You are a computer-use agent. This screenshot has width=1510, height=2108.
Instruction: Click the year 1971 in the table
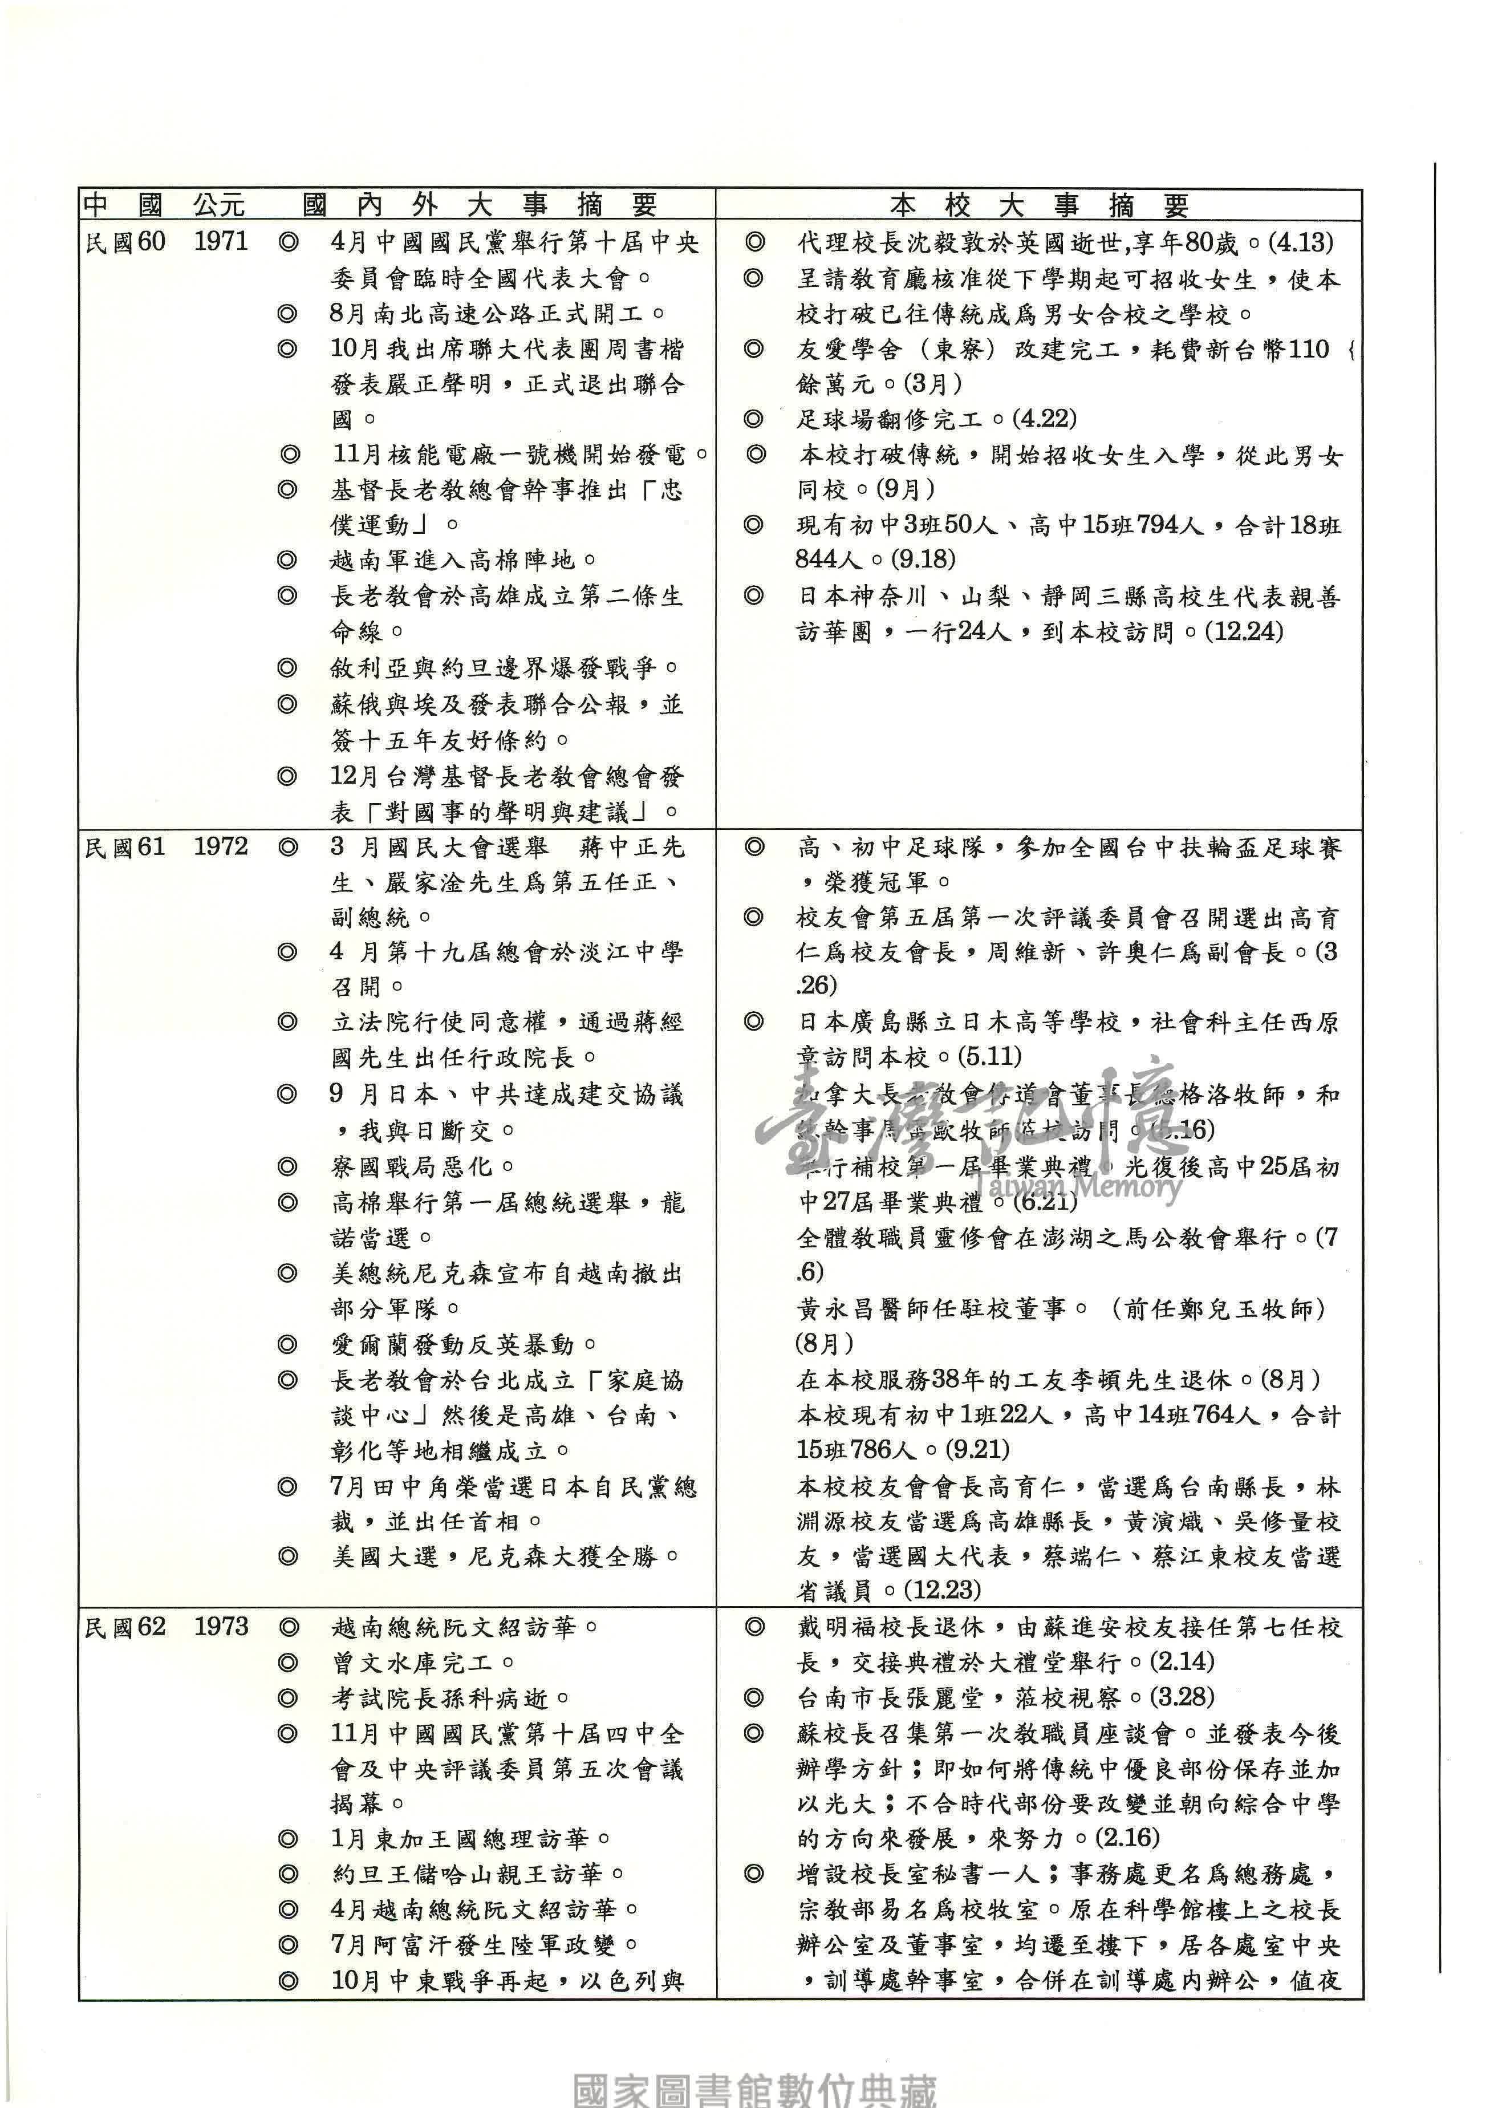click(x=221, y=242)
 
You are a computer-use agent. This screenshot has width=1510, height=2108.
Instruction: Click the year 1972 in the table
click(x=221, y=847)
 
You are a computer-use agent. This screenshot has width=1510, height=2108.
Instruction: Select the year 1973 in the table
click(x=221, y=1627)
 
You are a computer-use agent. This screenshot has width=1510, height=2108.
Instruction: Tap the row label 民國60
click(x=124, y=242)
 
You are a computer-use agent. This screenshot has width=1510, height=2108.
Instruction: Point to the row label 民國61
click(x=124, y=847)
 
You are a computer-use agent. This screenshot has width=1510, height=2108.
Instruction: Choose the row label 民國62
click(x=124, y=1627)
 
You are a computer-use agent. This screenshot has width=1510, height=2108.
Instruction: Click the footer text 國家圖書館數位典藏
click(x=754, y=2089)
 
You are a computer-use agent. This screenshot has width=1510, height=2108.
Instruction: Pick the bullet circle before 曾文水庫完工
click(x=289, y=1662)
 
